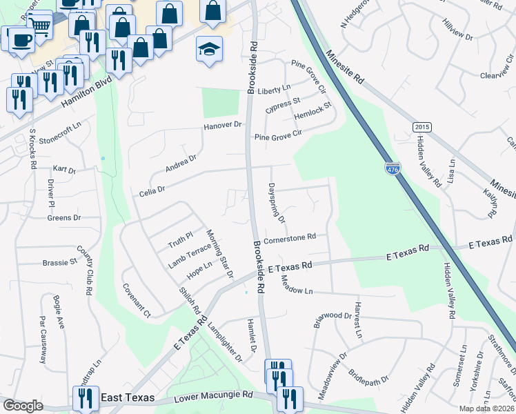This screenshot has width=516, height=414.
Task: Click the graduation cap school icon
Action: pos(209,49)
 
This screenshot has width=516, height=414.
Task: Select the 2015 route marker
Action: pos(421,128)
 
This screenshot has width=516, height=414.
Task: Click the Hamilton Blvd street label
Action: pos(86,90)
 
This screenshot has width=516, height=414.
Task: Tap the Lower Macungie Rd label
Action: pos(213,399)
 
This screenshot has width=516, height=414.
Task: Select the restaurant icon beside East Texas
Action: pos(86,397)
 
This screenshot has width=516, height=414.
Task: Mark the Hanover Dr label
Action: pos(224,126)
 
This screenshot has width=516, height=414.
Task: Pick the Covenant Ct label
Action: pos(136,300)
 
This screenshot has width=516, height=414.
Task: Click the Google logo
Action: pos(23,406)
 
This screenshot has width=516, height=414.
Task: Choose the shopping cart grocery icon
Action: pos(41,26)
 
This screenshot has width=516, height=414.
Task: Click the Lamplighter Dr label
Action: pos(225,342)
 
